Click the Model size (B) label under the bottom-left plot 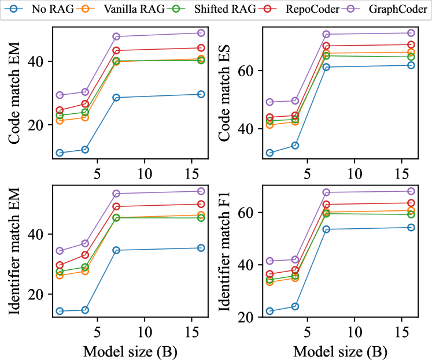tap(130, 351)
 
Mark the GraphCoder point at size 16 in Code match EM tap(201, 33)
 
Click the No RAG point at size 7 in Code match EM tap(116, 98)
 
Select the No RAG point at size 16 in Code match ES tap(411, 65)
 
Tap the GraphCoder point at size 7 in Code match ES tap(326, 35)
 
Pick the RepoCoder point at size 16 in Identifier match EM tap(201, 204)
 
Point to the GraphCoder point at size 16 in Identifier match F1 tap(411, 191)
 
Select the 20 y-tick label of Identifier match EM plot tap(44, 294)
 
